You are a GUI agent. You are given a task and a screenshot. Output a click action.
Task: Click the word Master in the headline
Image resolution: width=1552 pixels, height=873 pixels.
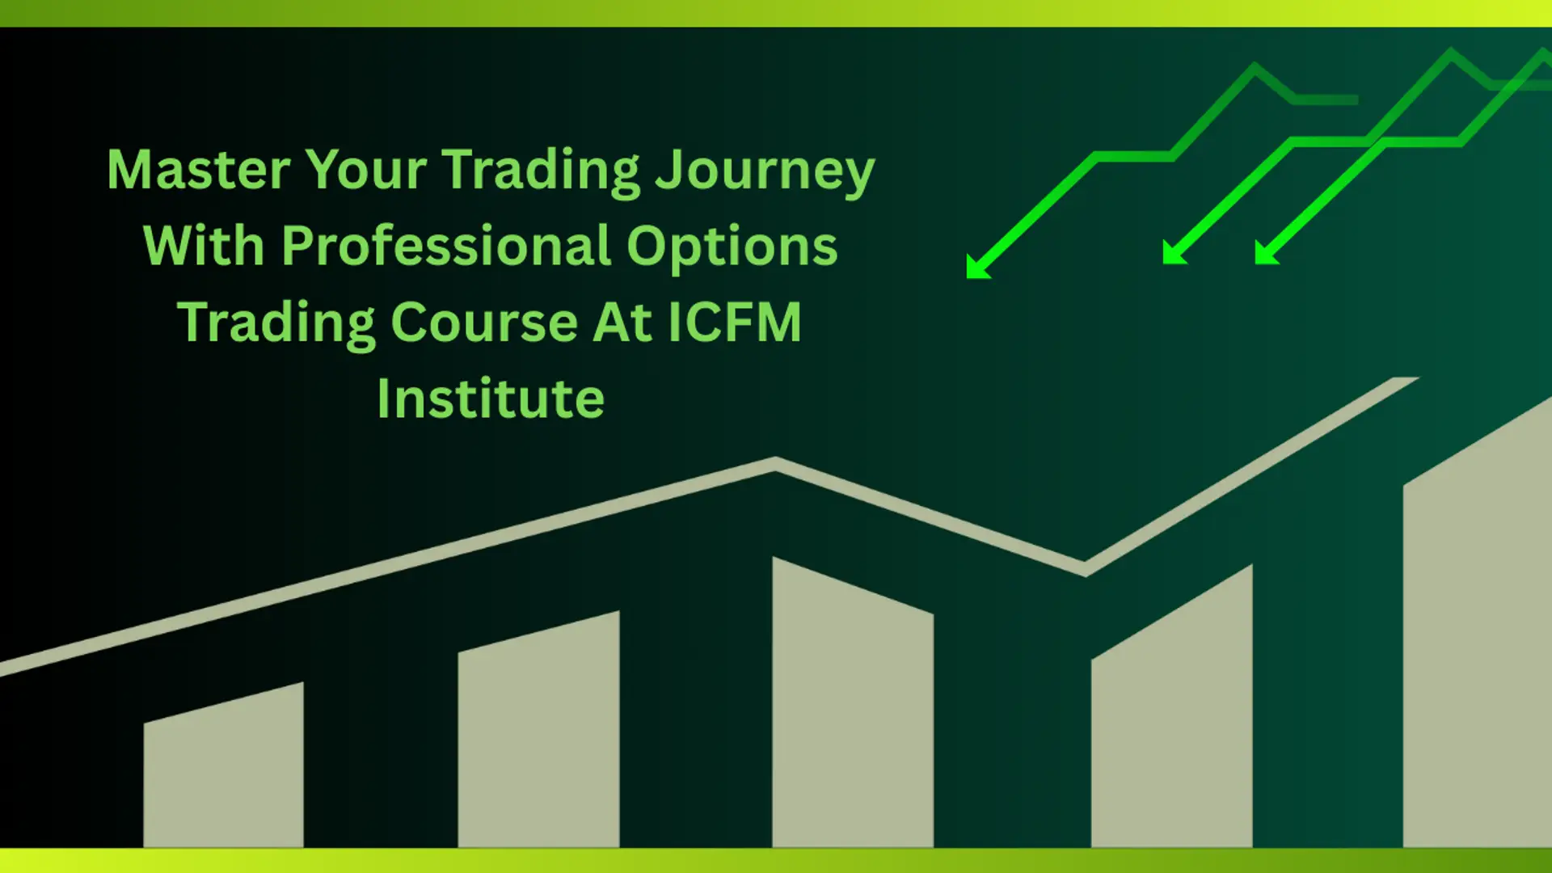(x=199, y=170)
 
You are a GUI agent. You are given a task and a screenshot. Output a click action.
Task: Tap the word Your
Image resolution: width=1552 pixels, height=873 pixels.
(x=366, y=170)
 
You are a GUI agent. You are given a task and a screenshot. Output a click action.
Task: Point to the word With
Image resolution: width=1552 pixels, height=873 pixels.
(x=205, y=246)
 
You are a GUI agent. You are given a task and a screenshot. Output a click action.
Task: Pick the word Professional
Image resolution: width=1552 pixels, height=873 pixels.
(x=446, y=246)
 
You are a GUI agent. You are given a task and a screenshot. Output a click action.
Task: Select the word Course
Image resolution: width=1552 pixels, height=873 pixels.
(x=484, y=323)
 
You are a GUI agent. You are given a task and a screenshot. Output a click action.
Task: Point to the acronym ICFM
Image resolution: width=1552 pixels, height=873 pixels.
(x=734, y=322)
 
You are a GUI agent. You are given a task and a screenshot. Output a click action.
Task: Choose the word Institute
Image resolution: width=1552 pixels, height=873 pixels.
(x=491, y=398)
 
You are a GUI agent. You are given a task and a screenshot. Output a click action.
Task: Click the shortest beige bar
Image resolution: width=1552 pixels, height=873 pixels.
(x=224, y=765)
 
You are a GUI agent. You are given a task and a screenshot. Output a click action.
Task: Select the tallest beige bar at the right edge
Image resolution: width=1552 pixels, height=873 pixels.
(x=1478, y=622)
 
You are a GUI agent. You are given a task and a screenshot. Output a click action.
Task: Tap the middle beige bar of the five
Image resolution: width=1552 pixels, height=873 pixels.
(x=853, y=702)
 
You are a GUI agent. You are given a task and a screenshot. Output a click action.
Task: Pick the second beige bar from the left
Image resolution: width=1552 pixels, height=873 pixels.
(x=538, y=729)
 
